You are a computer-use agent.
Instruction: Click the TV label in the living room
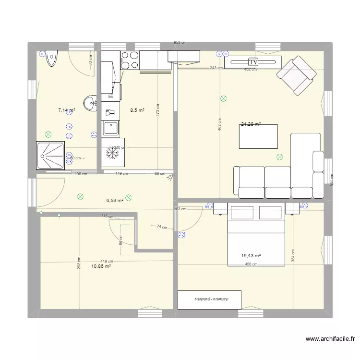253,62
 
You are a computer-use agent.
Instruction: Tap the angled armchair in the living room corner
296,75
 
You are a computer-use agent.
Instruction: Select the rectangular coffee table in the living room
259,136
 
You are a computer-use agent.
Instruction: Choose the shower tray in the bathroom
51,156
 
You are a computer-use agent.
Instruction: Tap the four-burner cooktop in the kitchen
129,60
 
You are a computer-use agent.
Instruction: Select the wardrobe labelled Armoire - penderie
210,300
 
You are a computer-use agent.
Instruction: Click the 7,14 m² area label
66,110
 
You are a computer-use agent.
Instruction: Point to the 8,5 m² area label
138,110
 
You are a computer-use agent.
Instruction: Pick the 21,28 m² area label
251,124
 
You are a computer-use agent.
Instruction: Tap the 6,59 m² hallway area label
115,201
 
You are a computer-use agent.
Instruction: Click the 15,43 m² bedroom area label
251,256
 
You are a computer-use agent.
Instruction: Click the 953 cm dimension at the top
180,43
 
